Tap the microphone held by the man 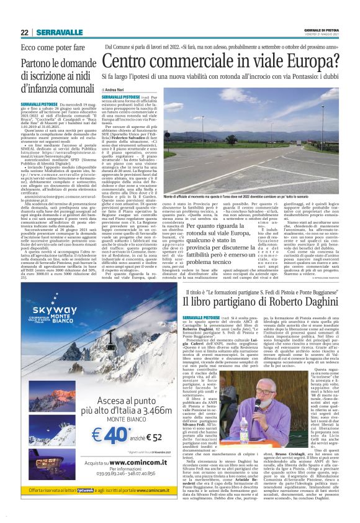point(257,403)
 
